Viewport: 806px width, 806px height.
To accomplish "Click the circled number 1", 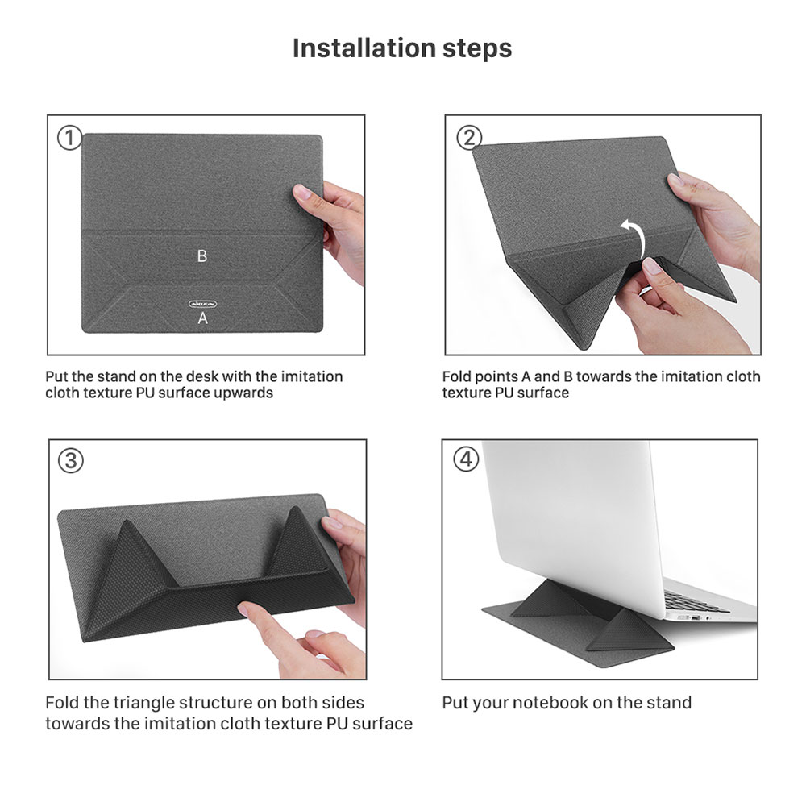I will [x=70, y=138].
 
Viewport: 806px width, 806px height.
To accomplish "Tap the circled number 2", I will [x=469, y=138].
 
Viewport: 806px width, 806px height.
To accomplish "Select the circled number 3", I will [x=71, y=461].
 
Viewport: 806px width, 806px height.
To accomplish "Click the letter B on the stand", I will [x=202, y=256].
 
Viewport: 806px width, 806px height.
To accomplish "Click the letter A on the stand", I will [x=203, y=318].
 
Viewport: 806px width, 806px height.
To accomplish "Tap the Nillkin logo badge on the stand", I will [x=202, y=303].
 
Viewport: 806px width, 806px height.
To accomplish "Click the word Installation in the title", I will [x=352, y=48].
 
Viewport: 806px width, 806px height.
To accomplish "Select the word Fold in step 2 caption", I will [x=457, y=376].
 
